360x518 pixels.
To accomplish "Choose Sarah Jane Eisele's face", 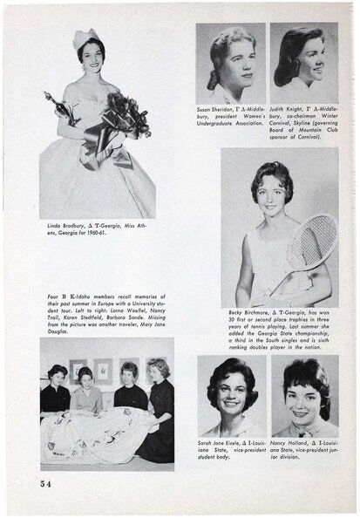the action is pyautogui.click(x=229, y=392).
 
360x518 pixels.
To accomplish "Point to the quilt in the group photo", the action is pyautogui.click(x=96, y=436).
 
